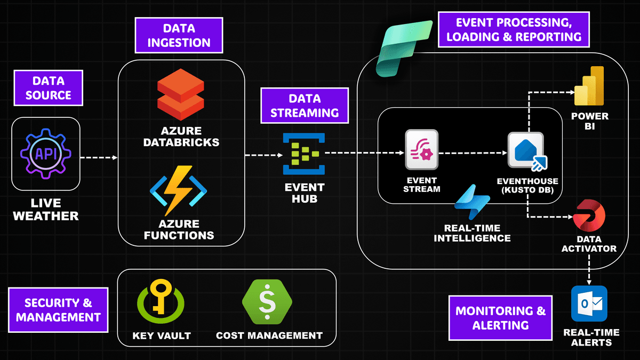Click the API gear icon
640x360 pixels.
tap(45, 155)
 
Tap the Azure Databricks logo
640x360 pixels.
tap(181, 98)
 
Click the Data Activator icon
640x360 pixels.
tap(589, 216)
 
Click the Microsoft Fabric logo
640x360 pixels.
tap(404, 48)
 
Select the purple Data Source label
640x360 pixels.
tap(49, 88)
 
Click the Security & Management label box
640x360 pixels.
tap(59, 310)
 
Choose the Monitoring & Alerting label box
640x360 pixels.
tap(500, 318)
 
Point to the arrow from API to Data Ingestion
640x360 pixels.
tap(99, 157)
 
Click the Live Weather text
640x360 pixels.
tap(46, 210)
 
